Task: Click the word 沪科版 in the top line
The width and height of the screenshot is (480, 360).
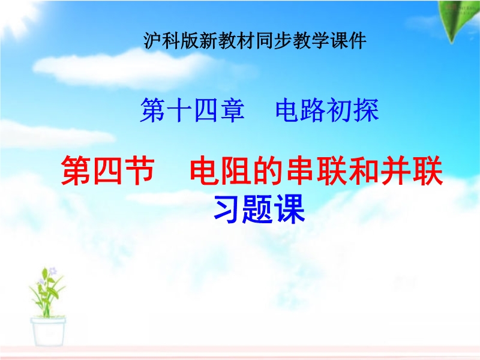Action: point(171,40)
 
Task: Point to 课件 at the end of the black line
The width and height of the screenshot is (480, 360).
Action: point(348,40)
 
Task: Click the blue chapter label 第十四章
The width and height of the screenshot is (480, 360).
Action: point(193,110)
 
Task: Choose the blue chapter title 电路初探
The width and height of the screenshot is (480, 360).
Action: point(327,110)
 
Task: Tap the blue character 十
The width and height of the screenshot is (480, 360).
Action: point(179,110)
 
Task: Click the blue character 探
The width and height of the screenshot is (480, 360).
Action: point(367,110)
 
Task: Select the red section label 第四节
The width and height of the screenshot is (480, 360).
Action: point(107,170)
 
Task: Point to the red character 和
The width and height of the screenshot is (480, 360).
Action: point(364,170)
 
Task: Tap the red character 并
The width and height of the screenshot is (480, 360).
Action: point(395,170)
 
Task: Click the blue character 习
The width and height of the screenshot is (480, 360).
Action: point(228,209)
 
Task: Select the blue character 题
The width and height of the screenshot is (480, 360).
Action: point(259,209)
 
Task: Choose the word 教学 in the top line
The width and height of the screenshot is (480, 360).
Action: point(311,40)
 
